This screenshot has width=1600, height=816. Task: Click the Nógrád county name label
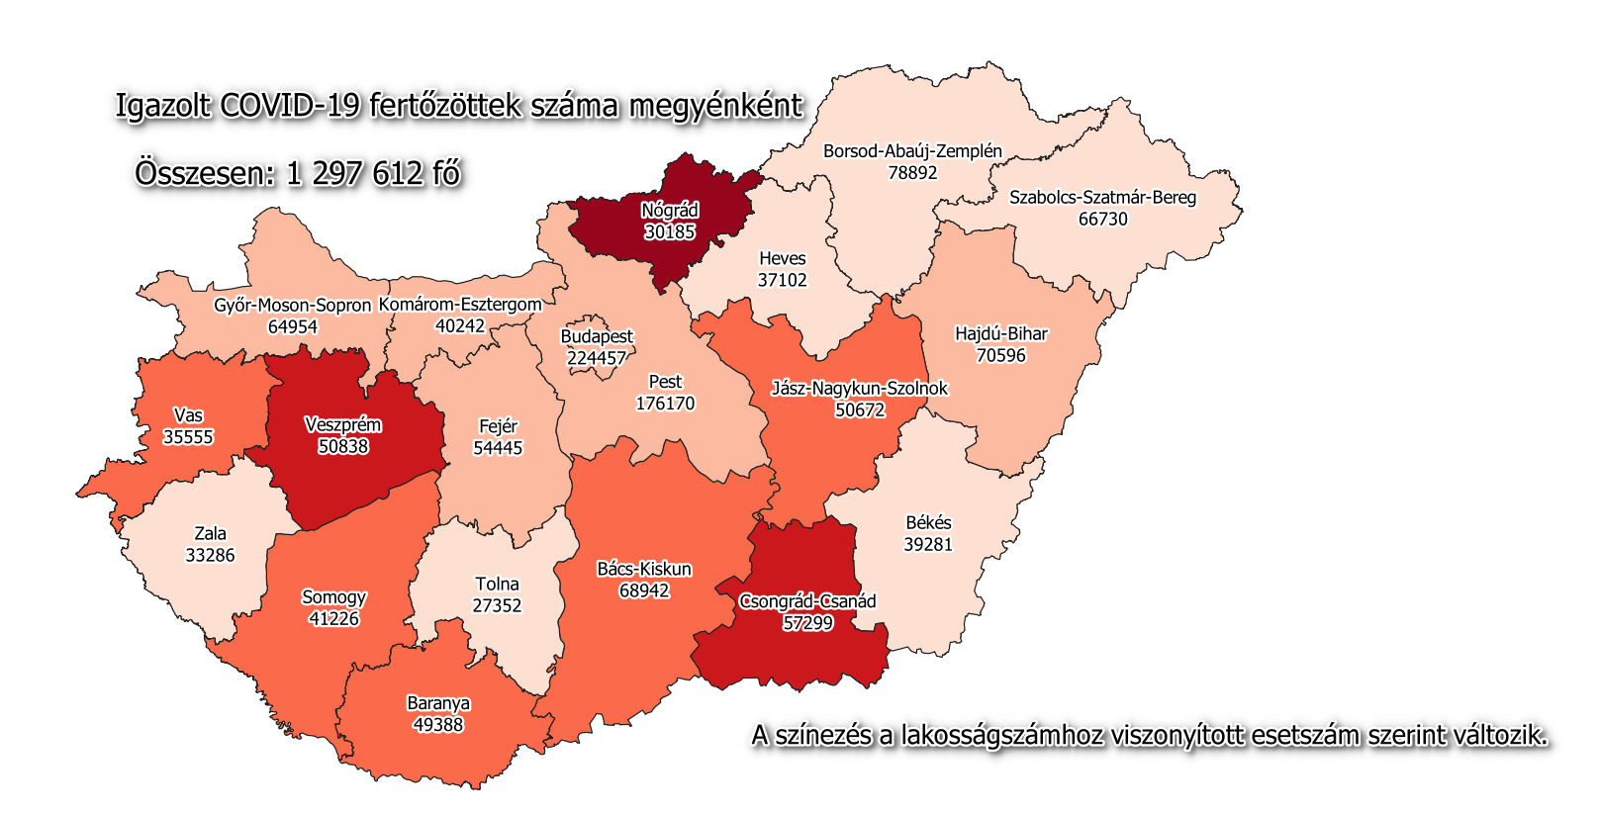point(670,210)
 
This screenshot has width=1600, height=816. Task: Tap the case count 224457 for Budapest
point(597,358)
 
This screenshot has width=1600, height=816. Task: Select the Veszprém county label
point(342,425)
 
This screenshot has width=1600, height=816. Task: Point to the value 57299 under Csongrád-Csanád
point(807,623)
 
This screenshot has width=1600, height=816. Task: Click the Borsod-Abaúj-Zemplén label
point(912,151)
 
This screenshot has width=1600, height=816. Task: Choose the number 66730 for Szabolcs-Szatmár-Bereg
point(1102,219)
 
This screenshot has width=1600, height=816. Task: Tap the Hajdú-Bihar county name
point(1000,334)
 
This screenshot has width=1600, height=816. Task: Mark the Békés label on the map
point(928,522)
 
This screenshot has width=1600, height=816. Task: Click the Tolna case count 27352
point(497,605)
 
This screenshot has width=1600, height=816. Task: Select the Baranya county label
point(438,703)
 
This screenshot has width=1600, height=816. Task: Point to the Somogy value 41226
point(333,619)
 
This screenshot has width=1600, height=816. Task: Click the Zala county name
point(210,533)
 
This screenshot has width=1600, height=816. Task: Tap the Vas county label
point(188,415)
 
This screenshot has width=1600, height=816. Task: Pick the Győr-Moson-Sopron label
point(292,306)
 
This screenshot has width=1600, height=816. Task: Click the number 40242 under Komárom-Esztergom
point(460,325)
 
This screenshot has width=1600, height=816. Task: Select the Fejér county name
point(498,426)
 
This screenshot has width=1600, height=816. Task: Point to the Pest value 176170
point(665,404)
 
